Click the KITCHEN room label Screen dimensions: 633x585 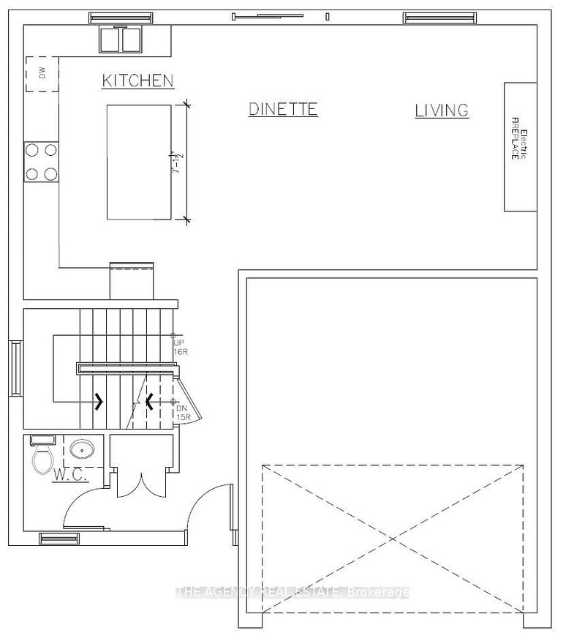point(137,80)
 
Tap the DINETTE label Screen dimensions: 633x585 point(283,109)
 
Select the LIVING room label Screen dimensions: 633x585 point(442,111)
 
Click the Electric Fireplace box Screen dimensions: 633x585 point(519,146)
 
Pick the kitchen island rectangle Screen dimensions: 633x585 point(140,161)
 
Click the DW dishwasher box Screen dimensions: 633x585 point(41,74)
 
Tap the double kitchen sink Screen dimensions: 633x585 point(122,40)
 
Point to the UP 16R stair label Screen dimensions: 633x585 point(180,346)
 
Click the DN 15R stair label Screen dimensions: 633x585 point(183,412)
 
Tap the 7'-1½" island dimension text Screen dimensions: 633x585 point(175,161)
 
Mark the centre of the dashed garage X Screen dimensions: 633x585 point(393,539)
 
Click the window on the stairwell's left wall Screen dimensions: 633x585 point(14,367)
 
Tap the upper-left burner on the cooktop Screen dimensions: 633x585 point(33,149)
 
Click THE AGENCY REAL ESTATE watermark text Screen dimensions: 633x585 point(292,592)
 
